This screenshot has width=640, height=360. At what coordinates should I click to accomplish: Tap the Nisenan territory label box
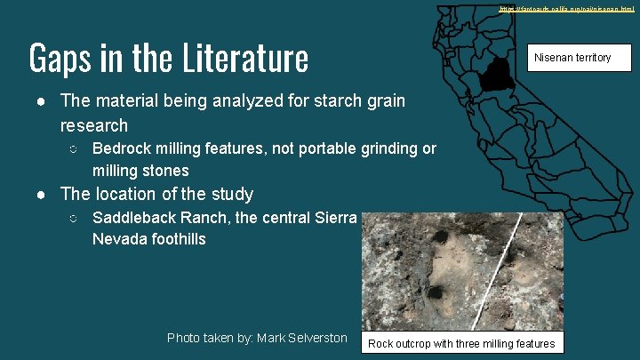click(572, 58)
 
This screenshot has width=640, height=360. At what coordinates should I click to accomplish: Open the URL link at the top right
click(566, 8)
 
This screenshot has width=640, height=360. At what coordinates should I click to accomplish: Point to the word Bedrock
click(123, 148)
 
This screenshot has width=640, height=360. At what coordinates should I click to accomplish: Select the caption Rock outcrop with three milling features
click(460, 344)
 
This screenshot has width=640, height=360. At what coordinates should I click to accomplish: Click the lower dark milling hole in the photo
click(436, 292)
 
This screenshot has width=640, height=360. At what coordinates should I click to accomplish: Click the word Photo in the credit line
click(185, 338)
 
